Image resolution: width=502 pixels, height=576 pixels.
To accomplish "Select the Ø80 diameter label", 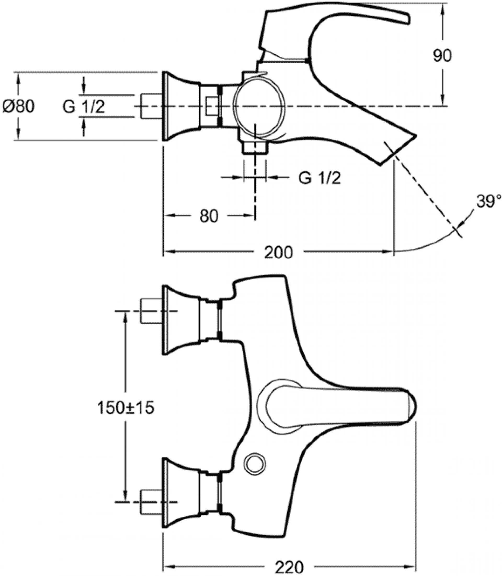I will (x=19, y=106).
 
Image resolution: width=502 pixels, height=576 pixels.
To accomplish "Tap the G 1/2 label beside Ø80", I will (x=83, y=106).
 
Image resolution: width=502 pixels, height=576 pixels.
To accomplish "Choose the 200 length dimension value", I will (x=278, y=252).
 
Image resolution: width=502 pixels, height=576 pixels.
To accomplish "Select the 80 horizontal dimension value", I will (x=209, y=216).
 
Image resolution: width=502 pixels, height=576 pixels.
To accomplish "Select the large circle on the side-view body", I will (x=259, y=106).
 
